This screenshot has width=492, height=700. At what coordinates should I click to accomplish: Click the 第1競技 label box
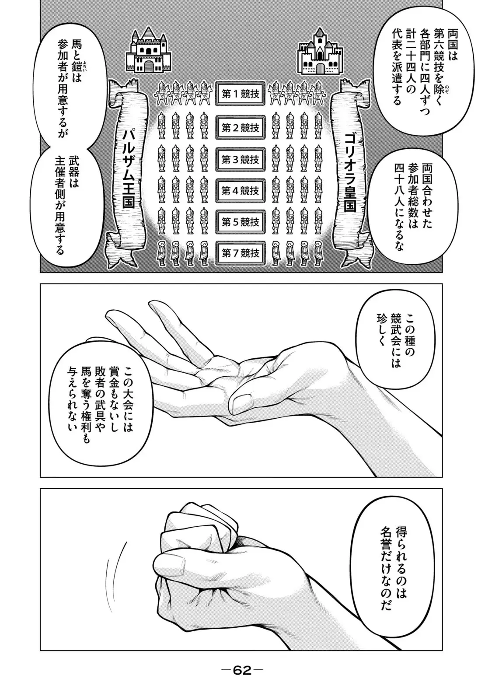(x=241, y=94)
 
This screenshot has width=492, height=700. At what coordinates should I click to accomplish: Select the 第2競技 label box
(x=241, y=128)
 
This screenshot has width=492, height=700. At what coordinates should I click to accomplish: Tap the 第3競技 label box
(x=241, y=159)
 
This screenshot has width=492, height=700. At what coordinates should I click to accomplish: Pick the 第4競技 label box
(x=241, y=191)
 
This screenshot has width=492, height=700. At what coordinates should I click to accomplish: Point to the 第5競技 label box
(x=241, y=222)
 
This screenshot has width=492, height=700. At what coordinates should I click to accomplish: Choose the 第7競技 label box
(x=241, y=253)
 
